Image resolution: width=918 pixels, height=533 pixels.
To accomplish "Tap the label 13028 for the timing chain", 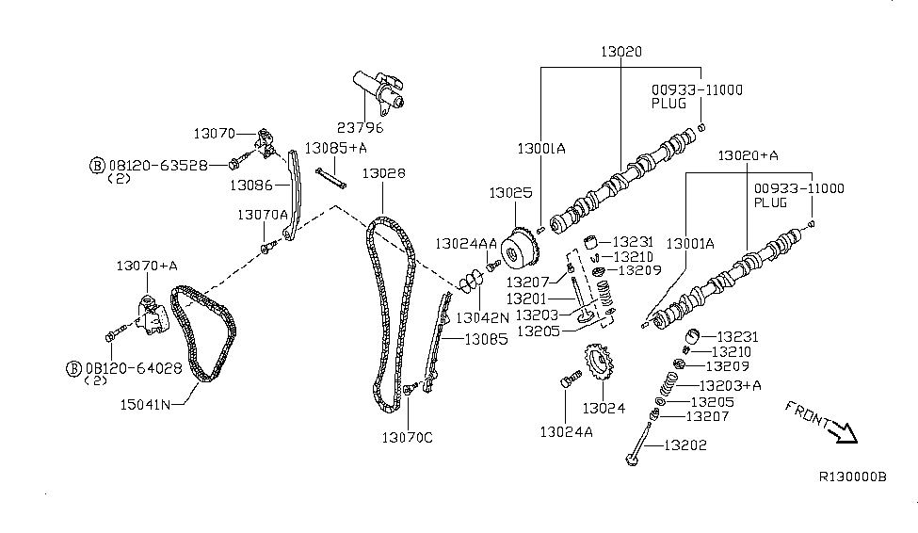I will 383,173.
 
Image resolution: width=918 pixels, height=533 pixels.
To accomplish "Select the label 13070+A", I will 146,266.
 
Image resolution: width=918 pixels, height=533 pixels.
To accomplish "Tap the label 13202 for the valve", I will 684,444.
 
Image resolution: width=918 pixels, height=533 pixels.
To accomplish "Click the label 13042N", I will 481,317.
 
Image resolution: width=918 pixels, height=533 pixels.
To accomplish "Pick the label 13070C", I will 408,437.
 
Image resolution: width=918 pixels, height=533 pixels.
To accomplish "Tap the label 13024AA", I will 465,244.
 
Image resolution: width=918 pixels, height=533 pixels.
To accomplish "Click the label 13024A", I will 565,431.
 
